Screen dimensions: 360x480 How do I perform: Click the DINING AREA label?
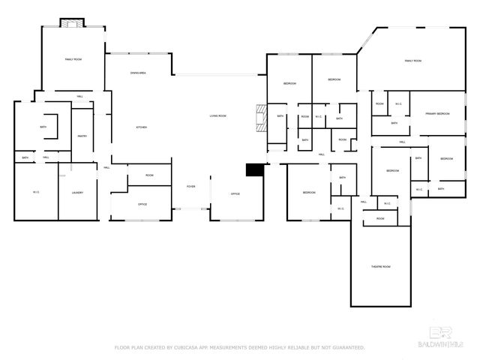point(138,73)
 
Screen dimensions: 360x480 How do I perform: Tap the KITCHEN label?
point(141,127)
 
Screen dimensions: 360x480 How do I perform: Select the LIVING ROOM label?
point(217,116)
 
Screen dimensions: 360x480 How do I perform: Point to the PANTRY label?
point(82,136)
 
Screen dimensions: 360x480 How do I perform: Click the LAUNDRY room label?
point(77,193)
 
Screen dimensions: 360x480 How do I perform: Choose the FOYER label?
point(191,186)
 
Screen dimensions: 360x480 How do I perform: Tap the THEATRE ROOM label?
point(381,266)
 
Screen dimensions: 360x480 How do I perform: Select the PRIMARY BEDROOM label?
point(437,113)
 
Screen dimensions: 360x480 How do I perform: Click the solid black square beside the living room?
point(256,170)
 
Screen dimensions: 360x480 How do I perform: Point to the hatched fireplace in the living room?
point(260,118)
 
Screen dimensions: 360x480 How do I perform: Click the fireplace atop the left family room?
point(73,24)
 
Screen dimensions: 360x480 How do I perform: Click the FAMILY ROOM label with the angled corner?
point(412,60)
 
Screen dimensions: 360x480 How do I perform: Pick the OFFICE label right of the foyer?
point(235,194)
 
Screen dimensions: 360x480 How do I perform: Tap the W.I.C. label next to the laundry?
point(36,193)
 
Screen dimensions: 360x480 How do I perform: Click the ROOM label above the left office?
point(149,175)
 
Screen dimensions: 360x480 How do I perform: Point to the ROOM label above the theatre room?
point(380,218)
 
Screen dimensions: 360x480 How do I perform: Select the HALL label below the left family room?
point(79,96)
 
